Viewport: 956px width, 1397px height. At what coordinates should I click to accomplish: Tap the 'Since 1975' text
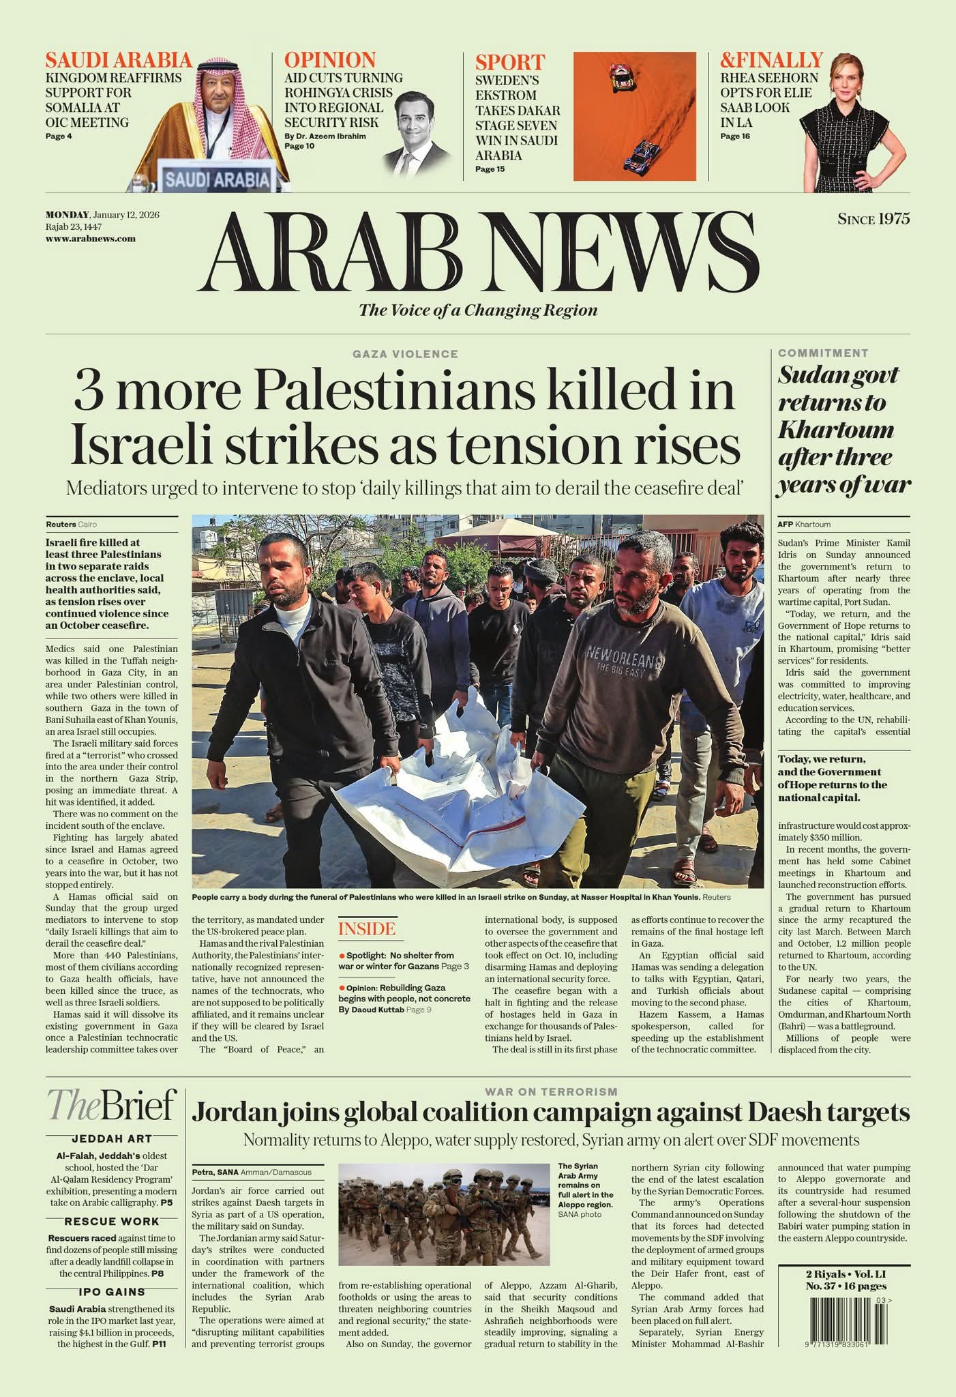pos(873,219)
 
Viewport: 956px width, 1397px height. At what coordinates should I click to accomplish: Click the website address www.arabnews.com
pos(90,239)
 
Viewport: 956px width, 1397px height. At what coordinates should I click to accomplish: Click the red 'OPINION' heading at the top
pos(330,60)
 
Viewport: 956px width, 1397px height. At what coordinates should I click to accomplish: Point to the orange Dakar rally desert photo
pos(634,117)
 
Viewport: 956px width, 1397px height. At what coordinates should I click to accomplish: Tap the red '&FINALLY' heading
pos(771,60)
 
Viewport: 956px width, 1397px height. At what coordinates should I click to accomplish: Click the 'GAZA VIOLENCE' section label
pos(405,354)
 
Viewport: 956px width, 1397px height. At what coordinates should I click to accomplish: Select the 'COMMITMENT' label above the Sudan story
pos(823,353)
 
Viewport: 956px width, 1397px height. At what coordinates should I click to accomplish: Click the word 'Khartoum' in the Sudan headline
pos(835,430)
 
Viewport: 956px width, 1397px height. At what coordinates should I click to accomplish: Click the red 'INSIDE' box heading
pos(366,929)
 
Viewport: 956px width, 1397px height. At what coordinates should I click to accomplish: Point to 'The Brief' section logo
pos(111,1104)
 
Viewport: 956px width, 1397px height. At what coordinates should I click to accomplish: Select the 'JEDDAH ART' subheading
pos(112,1138)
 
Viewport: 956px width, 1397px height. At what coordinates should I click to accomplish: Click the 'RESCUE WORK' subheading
pos(112,1221)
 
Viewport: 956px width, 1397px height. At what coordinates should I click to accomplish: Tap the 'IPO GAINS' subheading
pos(112,1291)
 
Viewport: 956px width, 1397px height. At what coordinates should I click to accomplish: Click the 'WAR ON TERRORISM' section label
pos(551,1091)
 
